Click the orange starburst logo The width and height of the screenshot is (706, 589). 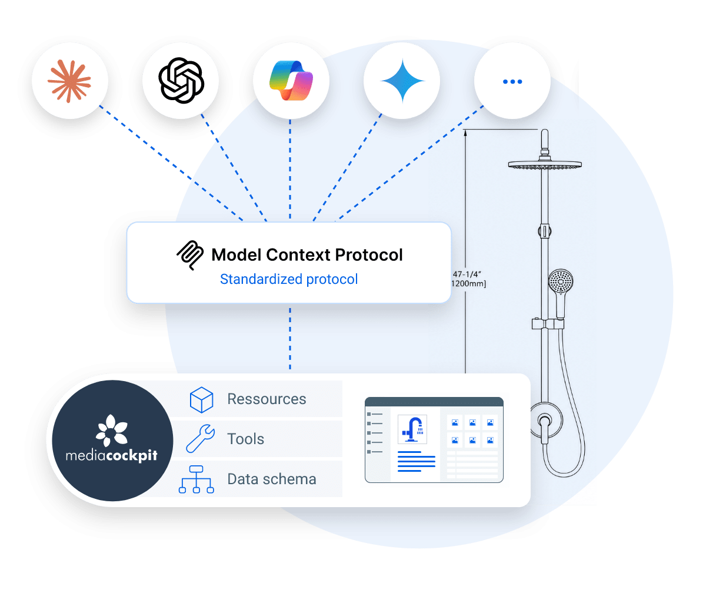coord(69,81)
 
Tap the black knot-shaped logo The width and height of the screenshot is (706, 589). coord(181,81)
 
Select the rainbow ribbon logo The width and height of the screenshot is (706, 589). coord(291,81)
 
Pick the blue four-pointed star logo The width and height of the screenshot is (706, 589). coord(402,81)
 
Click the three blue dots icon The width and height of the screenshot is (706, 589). coord(512,82)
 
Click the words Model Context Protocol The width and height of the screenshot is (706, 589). coord(307,255)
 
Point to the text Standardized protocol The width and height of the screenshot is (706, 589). coord(289,279)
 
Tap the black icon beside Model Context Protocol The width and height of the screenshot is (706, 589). coord(190,255)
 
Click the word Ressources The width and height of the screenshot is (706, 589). coord(267,399)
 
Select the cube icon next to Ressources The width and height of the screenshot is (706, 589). coord(202,400)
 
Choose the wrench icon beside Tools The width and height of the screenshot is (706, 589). coord(201,439)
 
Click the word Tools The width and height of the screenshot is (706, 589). coord(246,439)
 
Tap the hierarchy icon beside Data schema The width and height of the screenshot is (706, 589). coord(196,479)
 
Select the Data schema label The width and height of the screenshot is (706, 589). coord(272,479)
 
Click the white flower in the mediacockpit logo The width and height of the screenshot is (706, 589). coord(112,430)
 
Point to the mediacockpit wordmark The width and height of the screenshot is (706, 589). coord(112,455)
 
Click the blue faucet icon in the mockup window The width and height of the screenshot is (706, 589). coord(412,429)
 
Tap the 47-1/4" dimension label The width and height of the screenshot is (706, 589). coord(467,274)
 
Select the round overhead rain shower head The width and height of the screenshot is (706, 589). coord(545,165)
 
